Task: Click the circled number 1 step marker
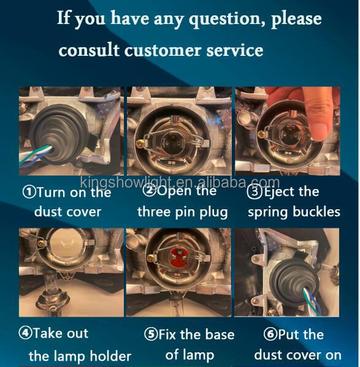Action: click(x=29, y=191)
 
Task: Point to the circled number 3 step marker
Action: click(x=255, y=191)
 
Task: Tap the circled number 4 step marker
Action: click(x=25, y=333)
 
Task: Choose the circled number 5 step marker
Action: click(x=151, y=334)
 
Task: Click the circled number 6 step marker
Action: click(x=270, y=334)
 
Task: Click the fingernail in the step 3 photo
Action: click(x=319, y=131)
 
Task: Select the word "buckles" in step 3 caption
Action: click(x=316, y=212)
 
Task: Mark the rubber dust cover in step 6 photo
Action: click(x=294, y=282)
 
